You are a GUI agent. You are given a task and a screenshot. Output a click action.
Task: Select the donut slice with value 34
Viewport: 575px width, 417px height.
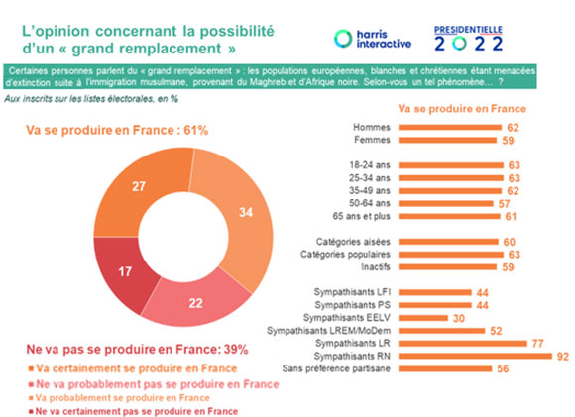(246, 213)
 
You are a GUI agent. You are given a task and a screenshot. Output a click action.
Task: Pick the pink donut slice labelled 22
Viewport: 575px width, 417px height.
(196, 303)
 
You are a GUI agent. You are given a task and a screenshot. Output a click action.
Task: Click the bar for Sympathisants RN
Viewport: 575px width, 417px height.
(475, 356)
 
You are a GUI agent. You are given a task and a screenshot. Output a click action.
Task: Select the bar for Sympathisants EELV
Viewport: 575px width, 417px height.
(423, 318)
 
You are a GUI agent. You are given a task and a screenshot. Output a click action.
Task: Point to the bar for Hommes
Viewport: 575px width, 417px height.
(450, 127)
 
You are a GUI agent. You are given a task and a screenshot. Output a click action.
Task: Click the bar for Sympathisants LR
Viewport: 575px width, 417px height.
(463, 344)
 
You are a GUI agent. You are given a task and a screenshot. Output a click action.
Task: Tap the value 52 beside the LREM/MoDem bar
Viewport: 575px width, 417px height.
(496, 331)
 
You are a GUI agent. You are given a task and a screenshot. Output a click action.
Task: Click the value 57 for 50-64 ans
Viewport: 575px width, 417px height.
(505, 204)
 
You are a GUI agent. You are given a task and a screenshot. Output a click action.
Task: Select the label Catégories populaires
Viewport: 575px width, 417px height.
(345, 255)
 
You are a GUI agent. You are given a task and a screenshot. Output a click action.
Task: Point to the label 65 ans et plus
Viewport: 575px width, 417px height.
(361, 216)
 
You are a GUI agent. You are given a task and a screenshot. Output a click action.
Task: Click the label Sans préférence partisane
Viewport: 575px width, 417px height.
(336, 368)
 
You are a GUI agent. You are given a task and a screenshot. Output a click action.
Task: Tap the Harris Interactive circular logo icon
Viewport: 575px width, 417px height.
(343, 39)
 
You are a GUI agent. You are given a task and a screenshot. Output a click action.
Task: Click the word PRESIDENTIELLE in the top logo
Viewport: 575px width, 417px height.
(468, 30)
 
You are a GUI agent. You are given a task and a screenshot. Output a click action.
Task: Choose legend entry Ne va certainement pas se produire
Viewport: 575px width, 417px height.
(134, 411)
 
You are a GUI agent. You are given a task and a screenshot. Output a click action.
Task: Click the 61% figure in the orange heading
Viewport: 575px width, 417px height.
(196, 130)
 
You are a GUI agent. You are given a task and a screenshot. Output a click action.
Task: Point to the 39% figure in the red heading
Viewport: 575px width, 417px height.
(236, 350)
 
